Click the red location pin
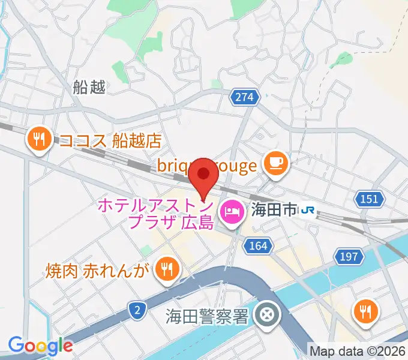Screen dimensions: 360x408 204,174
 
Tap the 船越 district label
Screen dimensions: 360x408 89,88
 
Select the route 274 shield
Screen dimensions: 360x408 245,97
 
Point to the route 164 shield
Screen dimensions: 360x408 258,245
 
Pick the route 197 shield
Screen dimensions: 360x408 350,257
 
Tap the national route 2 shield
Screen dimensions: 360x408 137,309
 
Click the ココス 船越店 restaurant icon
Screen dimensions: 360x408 40,140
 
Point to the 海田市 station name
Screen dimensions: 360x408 272,210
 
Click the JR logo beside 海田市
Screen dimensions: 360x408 308,210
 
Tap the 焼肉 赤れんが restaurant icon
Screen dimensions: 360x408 165,269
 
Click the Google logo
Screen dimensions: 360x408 40,346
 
